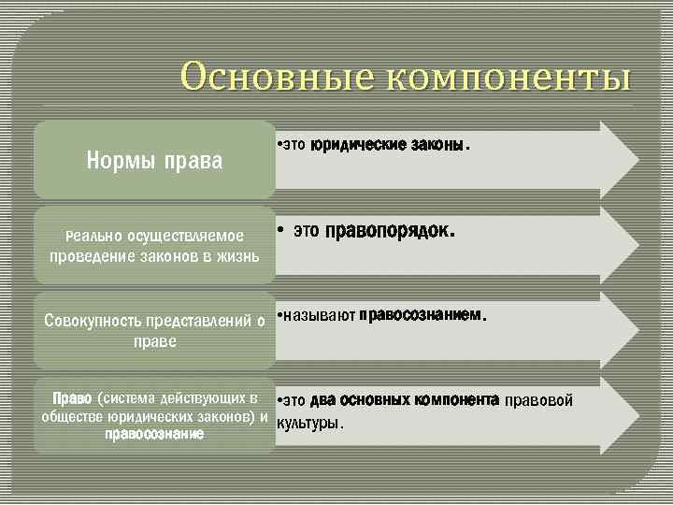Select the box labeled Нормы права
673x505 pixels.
coord(154,161)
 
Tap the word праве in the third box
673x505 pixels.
coord(154,342)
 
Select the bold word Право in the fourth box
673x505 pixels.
coord(73,397)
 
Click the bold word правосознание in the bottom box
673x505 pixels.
coord(154,435)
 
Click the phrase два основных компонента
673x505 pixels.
coord(417,400)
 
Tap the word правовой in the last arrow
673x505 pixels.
coord(538,401)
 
